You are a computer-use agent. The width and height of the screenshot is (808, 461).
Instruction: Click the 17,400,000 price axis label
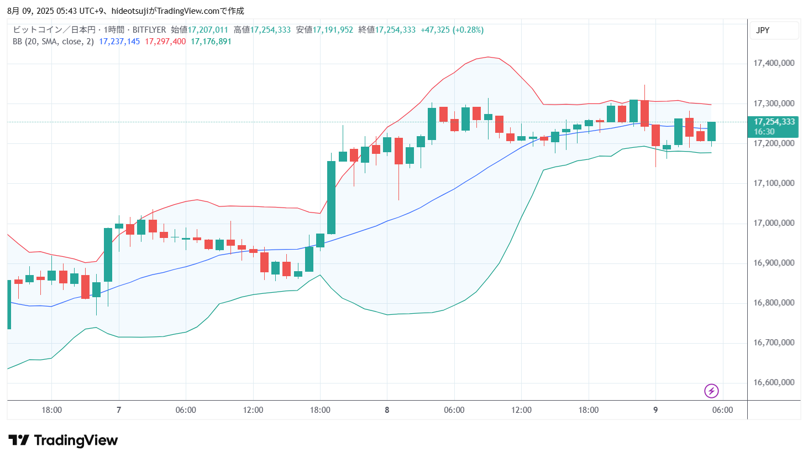(x=774, y=63)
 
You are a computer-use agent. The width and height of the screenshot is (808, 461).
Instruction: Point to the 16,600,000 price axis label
(x=774, y=382)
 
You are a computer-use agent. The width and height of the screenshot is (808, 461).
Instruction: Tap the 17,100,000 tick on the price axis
(x=774, y=183)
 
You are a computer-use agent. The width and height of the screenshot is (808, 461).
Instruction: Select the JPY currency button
(x=763, y=30)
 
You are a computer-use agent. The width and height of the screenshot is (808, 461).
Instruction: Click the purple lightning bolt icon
(x=711, y=391)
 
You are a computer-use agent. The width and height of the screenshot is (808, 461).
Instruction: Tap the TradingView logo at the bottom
(x=63, y=441)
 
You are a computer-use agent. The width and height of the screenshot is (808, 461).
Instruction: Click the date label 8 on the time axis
(x=387, y=410)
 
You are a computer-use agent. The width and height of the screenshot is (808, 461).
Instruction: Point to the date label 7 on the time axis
(x=119, y=410)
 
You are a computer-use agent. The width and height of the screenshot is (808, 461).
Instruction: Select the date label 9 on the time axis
(x=655, y=410)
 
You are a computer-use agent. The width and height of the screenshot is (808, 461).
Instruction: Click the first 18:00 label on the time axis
(x=51, y=410)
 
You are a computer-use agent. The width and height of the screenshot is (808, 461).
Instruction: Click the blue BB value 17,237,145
(x=119, y=42)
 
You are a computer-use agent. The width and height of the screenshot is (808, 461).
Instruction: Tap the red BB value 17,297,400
(x=165, y=42)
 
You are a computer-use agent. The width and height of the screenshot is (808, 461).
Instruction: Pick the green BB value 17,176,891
(x=211, y=42)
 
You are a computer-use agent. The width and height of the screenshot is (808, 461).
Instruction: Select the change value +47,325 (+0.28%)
(x=452, y=30)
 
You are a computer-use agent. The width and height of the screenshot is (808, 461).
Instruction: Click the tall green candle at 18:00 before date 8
(x=331, y=198)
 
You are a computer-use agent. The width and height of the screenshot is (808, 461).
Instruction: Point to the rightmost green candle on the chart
(x=711, y=131)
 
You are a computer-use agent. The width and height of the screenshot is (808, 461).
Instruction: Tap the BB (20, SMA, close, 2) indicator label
(x=53, y=42)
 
